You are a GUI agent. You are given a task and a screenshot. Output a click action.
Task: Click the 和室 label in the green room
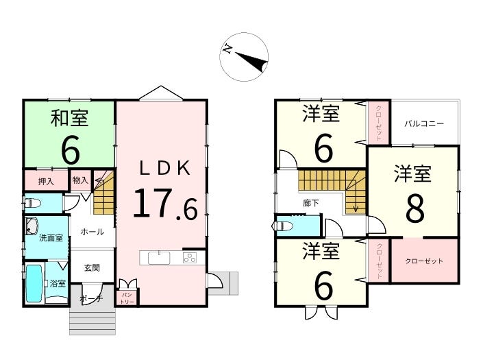point(69,119)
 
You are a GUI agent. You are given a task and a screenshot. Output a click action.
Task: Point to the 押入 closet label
point(46,182)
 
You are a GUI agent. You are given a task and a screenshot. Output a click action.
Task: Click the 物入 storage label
point(80,180)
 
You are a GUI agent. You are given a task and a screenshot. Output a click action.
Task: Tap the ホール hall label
point(92,232)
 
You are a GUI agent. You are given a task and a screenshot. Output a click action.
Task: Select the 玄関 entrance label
point(92,267)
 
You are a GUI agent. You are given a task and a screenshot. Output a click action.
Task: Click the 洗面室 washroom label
point(50,238)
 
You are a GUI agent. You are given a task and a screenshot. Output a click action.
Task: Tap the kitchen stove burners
point(189,259)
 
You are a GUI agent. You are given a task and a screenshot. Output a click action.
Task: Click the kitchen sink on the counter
point(158,258)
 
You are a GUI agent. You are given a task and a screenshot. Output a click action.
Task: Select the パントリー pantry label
point(128,297)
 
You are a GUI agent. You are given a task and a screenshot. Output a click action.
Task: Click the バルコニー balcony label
point(424,124)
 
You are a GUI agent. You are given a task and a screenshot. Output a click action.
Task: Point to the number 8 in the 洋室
point(414,210)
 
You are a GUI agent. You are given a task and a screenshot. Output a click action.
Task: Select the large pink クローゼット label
point(424,261)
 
